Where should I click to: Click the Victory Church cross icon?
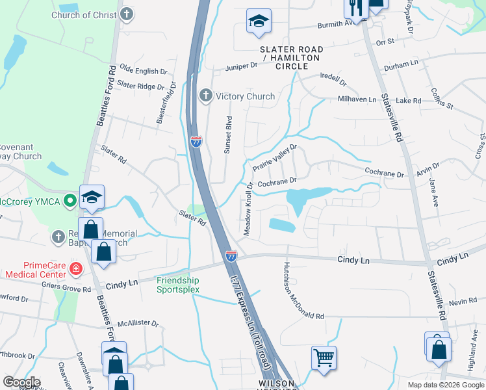(206, 96)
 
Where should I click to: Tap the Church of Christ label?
(84, 14)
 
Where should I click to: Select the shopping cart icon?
(323, 357)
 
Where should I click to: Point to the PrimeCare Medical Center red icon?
(76, 267)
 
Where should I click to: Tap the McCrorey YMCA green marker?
(71, 201)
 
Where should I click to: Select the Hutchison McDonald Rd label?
(302, 291)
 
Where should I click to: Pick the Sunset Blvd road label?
(228, 135)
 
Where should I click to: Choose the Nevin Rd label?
(463, 302)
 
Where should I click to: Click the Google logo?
(21, 382)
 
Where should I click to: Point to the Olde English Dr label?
(138, 71)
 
